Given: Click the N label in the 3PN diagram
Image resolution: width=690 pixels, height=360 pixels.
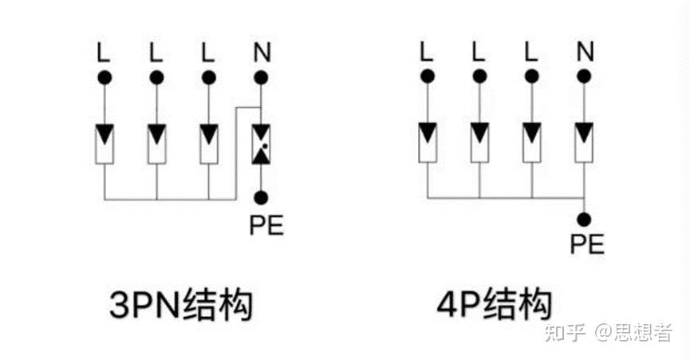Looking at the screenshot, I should point(261,53).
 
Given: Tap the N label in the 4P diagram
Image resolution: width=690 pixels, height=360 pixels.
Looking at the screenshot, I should point(585,53).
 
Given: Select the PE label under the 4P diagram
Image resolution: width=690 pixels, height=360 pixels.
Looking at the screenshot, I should point(586,243).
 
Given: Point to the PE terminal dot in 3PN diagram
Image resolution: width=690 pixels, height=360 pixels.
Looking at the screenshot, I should point(261,196).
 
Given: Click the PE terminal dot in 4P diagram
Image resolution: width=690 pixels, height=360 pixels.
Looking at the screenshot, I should point(585,217).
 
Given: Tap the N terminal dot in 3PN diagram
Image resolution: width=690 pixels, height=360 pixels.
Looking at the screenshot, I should point(261,77).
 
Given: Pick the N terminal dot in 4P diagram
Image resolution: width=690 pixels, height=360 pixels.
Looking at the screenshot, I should point(585,76).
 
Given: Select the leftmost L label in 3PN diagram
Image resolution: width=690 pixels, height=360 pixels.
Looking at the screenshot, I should point(104,53).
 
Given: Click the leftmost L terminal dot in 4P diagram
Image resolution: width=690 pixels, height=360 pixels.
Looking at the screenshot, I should point(428,76).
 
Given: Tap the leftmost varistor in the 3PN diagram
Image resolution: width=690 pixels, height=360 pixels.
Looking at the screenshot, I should point(104,142).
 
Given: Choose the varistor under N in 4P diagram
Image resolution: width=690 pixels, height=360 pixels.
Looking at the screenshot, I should point(585,141).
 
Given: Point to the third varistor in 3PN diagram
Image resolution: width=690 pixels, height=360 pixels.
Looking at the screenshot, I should point(209,142).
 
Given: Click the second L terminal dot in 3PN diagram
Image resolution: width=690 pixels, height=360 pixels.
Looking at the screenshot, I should point(156,77).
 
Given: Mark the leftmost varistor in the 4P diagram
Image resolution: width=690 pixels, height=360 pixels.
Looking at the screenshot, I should point(428,141).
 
